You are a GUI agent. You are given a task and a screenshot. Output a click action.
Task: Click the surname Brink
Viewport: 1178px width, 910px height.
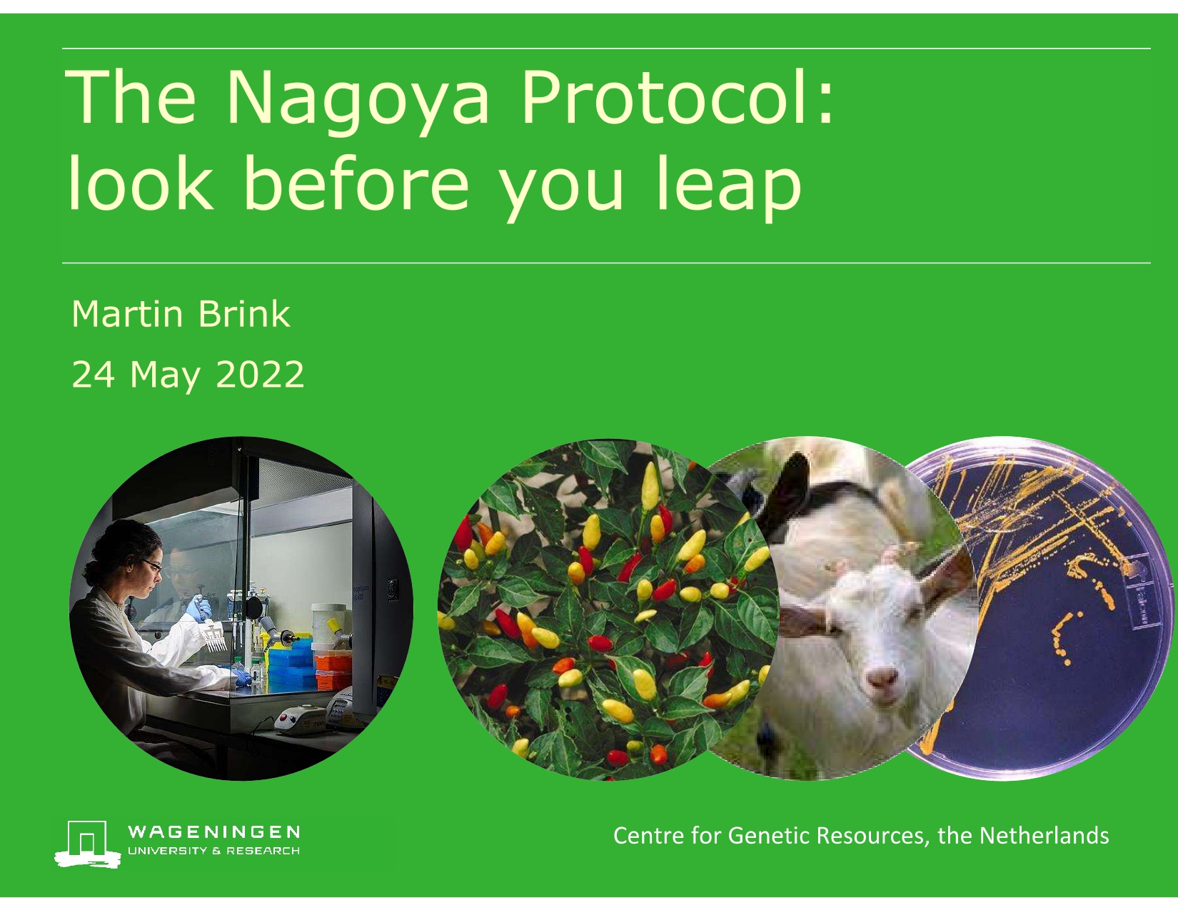(244, 313)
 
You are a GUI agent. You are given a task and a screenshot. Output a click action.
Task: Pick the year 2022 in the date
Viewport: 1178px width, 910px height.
(260, 375)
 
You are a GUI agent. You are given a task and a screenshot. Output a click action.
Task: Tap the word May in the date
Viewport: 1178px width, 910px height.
(165, 378)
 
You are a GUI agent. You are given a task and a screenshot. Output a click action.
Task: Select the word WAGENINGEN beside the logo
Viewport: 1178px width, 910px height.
(213, 832)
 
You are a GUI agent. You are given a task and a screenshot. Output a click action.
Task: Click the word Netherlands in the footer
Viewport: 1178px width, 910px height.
(1044, 835)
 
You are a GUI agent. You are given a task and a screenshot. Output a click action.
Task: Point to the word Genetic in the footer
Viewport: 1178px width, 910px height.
(769, 835)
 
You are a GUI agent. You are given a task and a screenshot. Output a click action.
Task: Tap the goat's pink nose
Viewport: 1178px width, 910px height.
(882, 677)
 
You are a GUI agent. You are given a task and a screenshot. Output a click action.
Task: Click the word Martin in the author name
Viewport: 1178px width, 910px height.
(127, 314)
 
